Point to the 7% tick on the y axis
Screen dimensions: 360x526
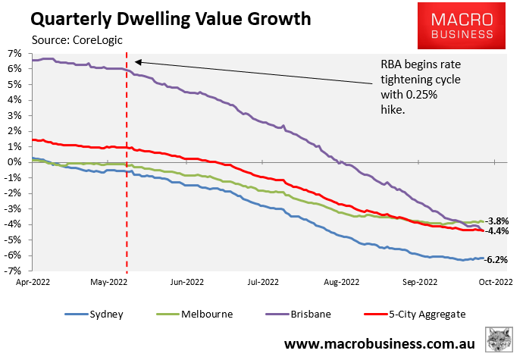[16, 53]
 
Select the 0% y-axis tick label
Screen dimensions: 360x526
[16, 162]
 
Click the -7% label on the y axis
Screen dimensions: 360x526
[16, 271]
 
